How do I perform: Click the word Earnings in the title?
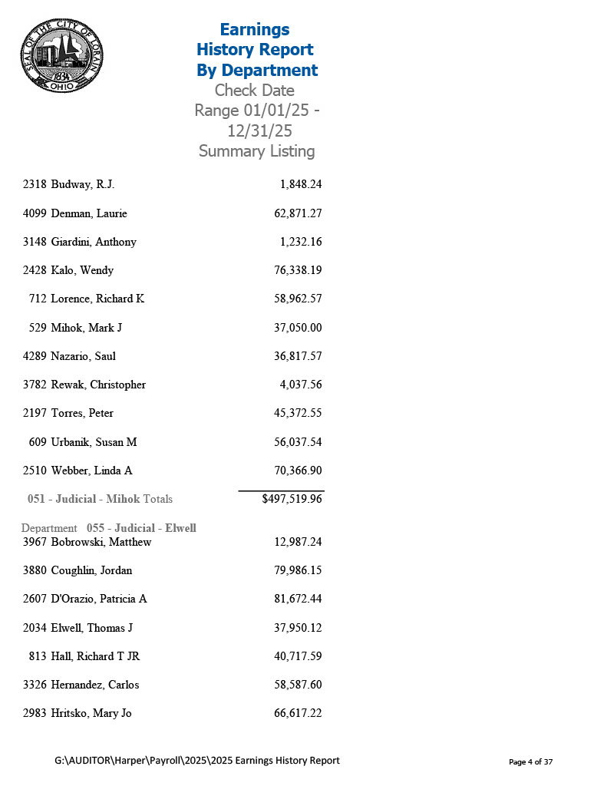pyautogui.click(x=255, y=29)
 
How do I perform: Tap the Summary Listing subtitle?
pyautogui.click(x=256, y=150)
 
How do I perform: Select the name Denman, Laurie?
pyautogui.click(x=89, y=213)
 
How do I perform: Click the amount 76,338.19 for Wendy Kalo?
pyautogui.click(x=298, y=270)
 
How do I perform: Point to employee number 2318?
pyautogui.click(x=35, y=184)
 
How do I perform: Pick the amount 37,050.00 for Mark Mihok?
pyautogui.click(x=298, y=328)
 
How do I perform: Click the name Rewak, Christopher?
pyautogui.click(x=98, y=385)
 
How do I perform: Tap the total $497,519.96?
pyautogui.click(x=292, y=499)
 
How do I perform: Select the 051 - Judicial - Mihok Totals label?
pyautogui.click(x=100, y=499)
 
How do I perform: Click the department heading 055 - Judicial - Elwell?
pyautogui.click(x=141, y=528)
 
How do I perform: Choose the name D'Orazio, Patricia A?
pyautogui.click(x=99, y=599)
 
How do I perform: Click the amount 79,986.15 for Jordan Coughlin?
pyautogui.click(x=298, y=570)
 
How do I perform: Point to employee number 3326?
pyautogui.click(x=35, y=685)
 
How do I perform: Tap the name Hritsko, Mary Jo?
pyautogui.click(x=91, y=713)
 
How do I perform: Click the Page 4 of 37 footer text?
pyautogui.click(x=531, y=761)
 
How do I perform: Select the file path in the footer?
pyautogui.click(x=197, y=760)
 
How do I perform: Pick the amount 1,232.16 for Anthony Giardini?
pyautogui.click(x=301, y=242)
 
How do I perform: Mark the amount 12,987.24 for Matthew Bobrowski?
pyautogui.click(x=298, y=542)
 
